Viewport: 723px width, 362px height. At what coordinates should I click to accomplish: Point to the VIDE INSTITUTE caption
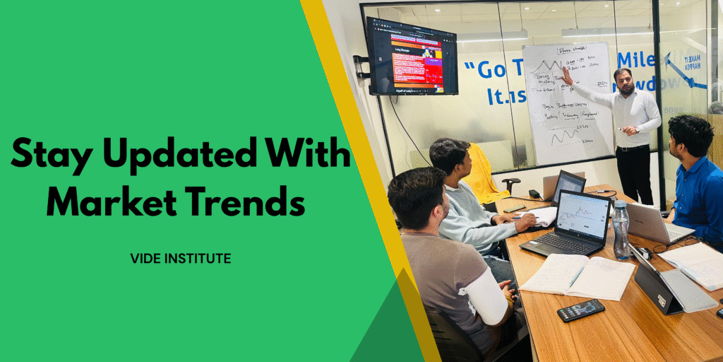pyautogui.click(x=180, y=259)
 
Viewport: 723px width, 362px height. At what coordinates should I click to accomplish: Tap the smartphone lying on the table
pyautogui.click(x=580, y=310)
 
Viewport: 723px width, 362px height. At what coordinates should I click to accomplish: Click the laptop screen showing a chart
pyautogui.click(x=583, y=216)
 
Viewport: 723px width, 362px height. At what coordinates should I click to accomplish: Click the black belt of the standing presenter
pyautogui.click(x=632, y=147)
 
